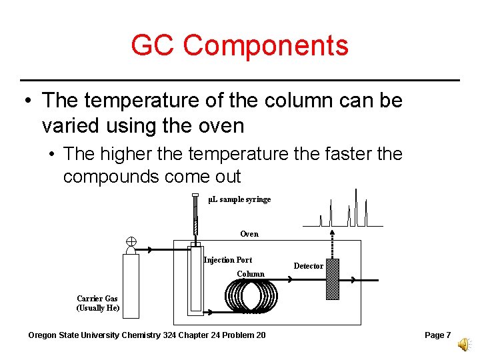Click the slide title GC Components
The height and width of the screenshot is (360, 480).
(239, 45)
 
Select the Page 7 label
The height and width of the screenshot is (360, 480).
(437, 335)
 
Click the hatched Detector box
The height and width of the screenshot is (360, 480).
(332, 279)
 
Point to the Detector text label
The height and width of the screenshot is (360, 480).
(309, 266)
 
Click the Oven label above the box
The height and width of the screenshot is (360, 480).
(249, 234)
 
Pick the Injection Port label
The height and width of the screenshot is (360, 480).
(228, 260)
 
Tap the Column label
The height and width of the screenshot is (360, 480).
(251, 274)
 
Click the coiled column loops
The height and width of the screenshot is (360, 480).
(252, 295)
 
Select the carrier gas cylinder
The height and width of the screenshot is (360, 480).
(131, 285)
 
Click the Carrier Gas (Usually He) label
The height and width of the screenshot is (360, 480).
(98, 303)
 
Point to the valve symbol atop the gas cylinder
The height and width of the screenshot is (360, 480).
(131, 241)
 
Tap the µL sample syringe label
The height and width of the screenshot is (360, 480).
(239, 199)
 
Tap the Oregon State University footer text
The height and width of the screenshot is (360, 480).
(147, 335)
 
